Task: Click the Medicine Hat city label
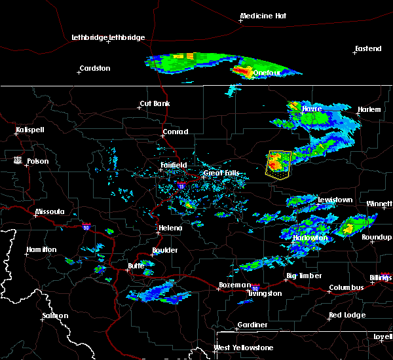265,16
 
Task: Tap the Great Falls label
217,173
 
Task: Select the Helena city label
169,228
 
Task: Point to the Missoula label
50,212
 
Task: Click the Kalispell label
29,130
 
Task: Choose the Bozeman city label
234,285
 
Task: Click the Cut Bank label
155,104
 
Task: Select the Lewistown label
335,200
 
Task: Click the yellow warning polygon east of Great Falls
278,164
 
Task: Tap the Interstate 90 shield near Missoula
86,227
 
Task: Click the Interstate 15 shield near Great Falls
181,187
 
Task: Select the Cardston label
95,68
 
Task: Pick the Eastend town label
367,49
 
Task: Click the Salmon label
54,316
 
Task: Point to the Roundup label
377,238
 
